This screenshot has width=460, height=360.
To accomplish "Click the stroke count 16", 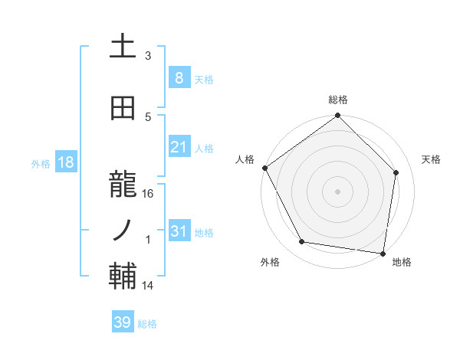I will [x=149, y=194].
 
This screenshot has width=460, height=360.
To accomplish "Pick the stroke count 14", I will [x=149, y=286].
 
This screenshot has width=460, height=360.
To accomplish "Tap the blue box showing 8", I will [x=179, y=77].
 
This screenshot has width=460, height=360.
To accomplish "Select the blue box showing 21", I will [x=179, y=147].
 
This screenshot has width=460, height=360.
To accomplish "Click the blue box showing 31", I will [x=179, y=231].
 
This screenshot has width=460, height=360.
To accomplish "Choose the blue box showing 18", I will [x=65, y=162].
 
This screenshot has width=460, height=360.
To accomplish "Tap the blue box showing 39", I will [x=122, y=322].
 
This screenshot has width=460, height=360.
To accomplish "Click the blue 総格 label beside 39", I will [x=147, y=324].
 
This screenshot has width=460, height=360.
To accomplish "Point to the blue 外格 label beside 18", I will [x=41, y=164].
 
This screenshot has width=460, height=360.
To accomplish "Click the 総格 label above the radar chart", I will [x=338, y=100].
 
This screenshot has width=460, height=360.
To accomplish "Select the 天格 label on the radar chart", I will [x=432, y=159].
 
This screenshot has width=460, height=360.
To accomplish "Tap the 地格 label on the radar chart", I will [x=402, y=262].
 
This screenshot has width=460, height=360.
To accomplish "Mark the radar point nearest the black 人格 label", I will [x=264, y=168].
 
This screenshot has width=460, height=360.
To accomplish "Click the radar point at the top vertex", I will [x=338, y=116].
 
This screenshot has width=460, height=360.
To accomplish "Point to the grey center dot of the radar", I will [x=338, y=191].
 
